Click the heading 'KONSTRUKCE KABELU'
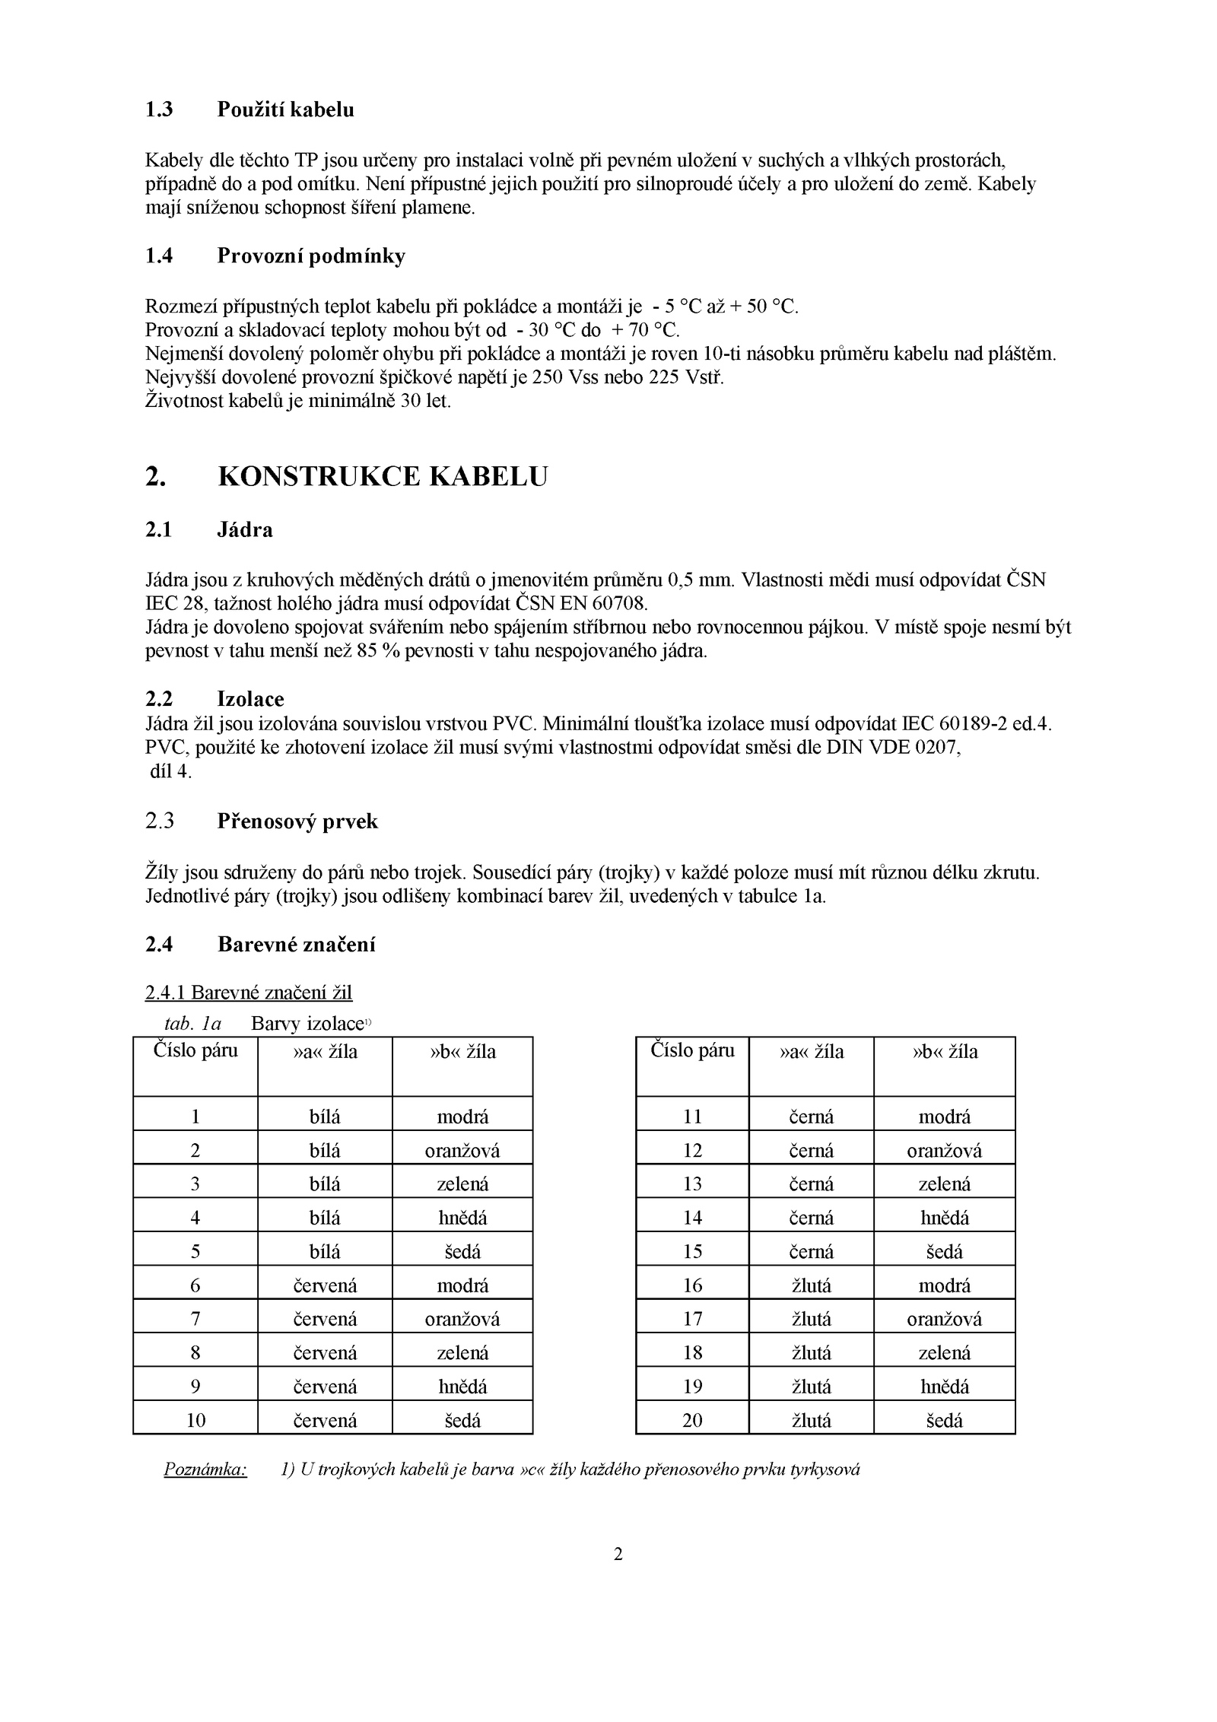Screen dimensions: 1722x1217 383,477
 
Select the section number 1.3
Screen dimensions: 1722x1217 159,110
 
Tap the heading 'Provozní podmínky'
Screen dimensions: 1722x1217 311,256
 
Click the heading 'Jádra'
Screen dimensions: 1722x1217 245,529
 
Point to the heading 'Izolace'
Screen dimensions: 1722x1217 250,699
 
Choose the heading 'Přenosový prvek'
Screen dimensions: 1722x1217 297,821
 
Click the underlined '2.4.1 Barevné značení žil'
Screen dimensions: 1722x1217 249,993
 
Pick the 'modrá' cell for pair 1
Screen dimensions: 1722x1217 462,1117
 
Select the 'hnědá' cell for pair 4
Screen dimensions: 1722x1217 462,1218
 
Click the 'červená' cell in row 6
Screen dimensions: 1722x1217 325,1285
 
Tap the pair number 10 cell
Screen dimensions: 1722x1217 195,1420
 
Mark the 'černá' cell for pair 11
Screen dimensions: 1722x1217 811,1117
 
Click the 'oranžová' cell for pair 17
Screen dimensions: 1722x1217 944,1319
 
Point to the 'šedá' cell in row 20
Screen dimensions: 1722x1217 944,1420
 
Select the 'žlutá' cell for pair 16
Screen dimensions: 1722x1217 811,1285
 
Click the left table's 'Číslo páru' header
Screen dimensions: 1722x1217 195,1051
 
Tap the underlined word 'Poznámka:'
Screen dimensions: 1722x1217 205,1469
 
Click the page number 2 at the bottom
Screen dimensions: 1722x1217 618,1554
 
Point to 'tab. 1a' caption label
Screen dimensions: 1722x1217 192,1024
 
